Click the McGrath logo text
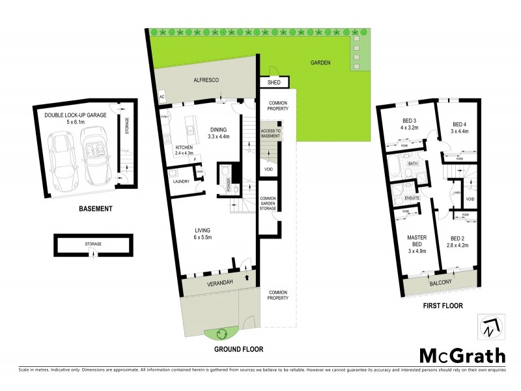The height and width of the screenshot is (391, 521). [x=462, y=356]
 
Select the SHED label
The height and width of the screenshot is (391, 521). [x=269, y=83]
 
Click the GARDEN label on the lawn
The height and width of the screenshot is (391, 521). [x=320, y=63]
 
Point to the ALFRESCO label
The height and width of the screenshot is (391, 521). [x=205, y=80]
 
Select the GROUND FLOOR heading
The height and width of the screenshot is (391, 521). [x=239, y=349]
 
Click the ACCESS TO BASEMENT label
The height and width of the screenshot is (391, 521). [x=270, y=134]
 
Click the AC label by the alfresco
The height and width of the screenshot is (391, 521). [x=162, y=98]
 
